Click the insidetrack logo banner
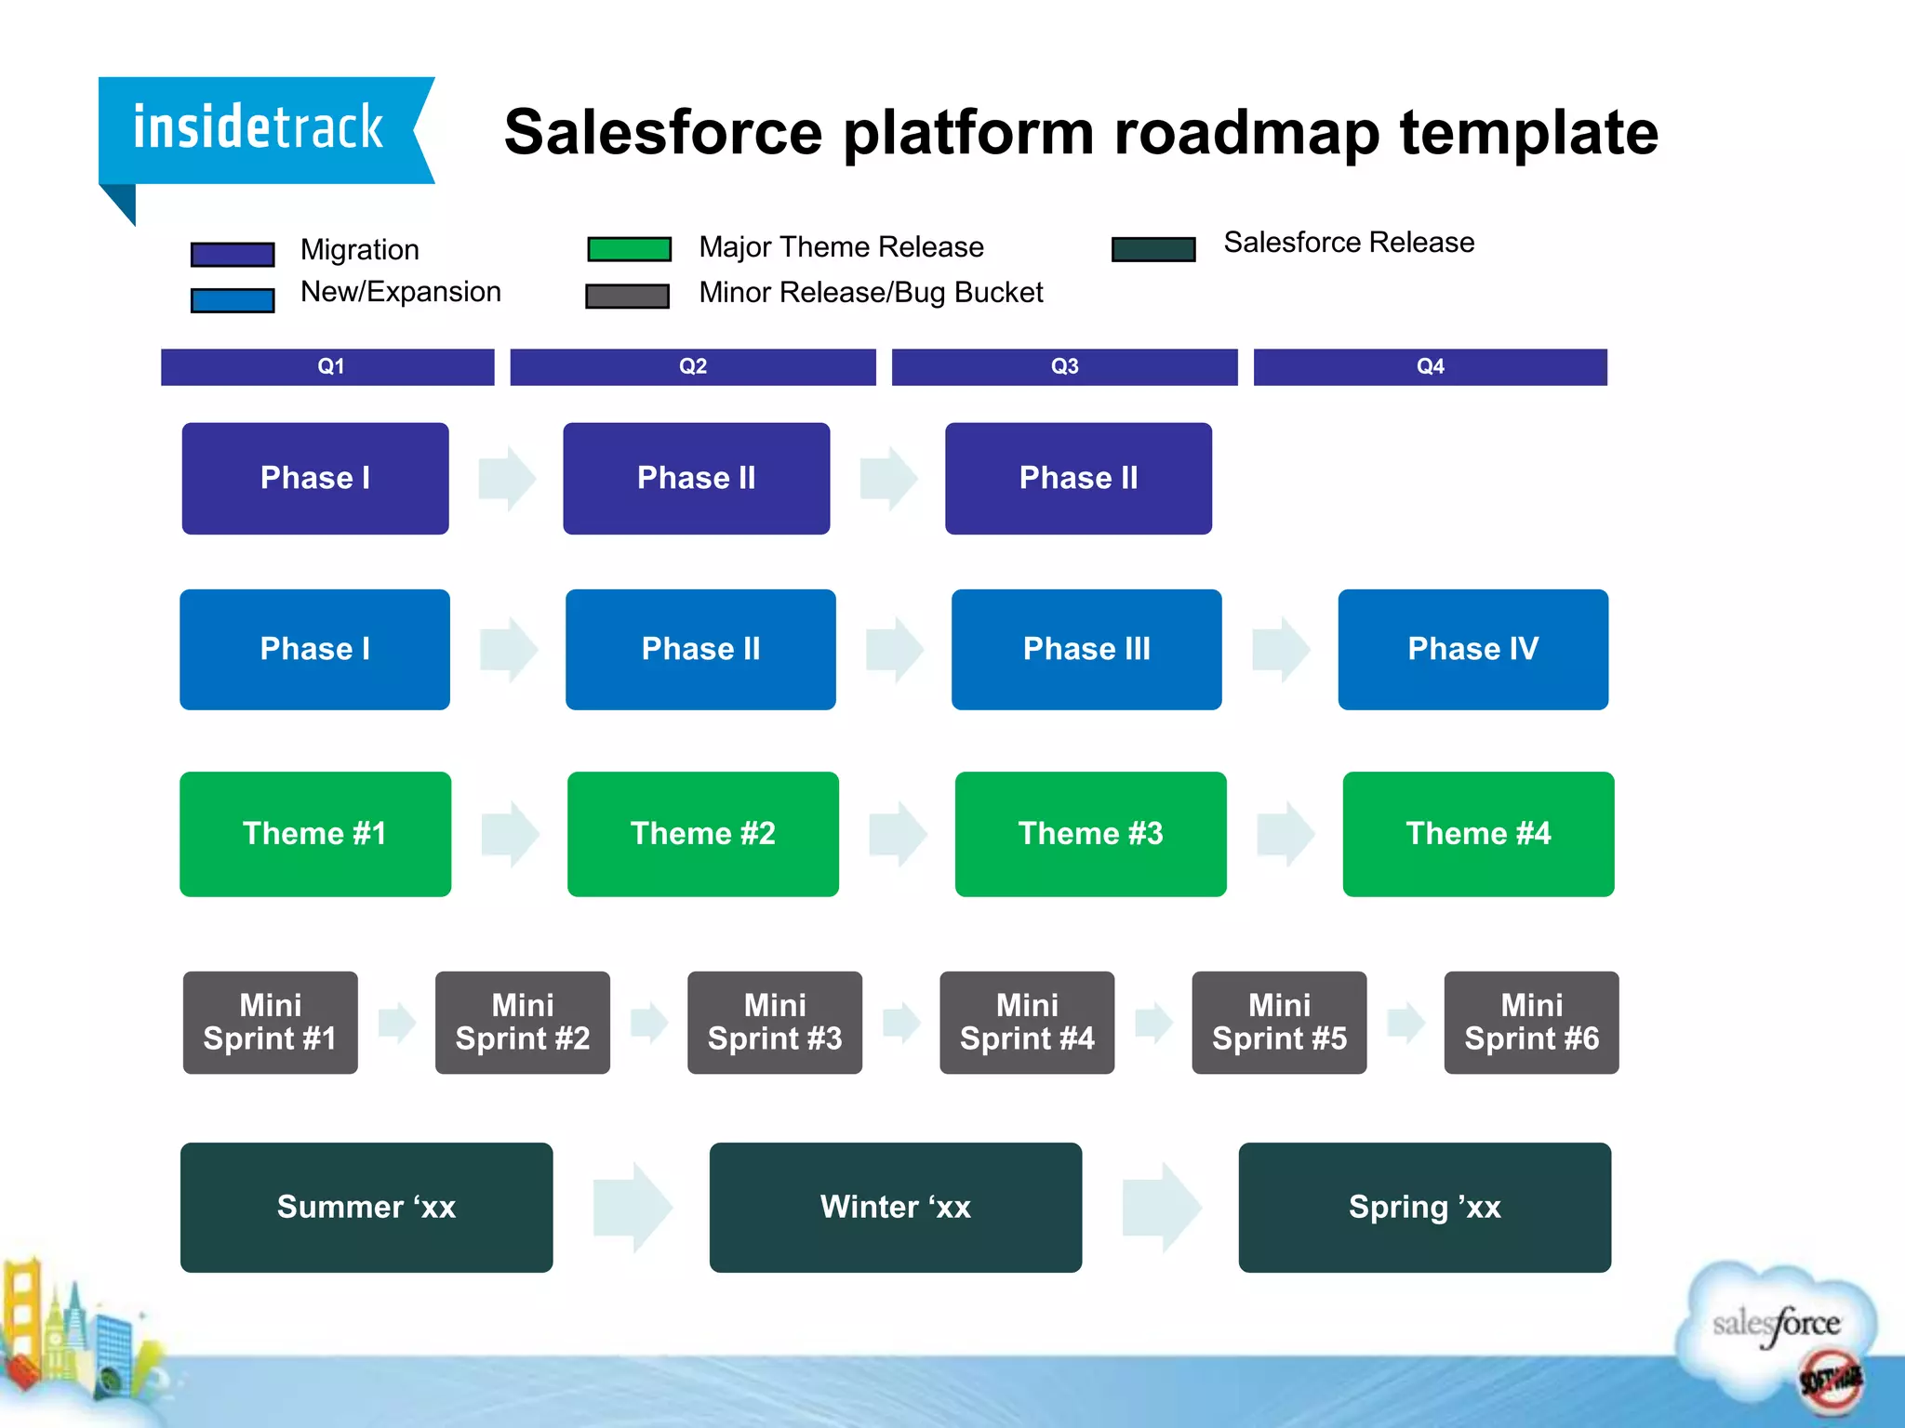(x=260, y=130)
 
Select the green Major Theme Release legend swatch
(x=629, y=249)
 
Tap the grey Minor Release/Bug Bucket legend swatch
(x=627, y=296)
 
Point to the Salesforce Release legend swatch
(x=1153, y=249)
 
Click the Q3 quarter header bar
(x=1064, y=366)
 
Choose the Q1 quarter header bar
(x=327, y=366)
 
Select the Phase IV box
(x=1472, y=649)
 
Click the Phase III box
(x=1086, y=649)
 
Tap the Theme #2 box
(x=702, y=834)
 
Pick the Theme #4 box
(x=1478, y=834)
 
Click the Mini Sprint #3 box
(x=774, y=1023)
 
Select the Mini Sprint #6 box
(x=1531, y=1023)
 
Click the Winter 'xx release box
(x=895, y=1207)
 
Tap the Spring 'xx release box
(x=1424, y=1207)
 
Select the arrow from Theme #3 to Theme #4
(x=1286, y=834)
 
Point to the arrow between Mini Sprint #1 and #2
(x=397, y=1023)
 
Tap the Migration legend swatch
(x=233, y=254)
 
